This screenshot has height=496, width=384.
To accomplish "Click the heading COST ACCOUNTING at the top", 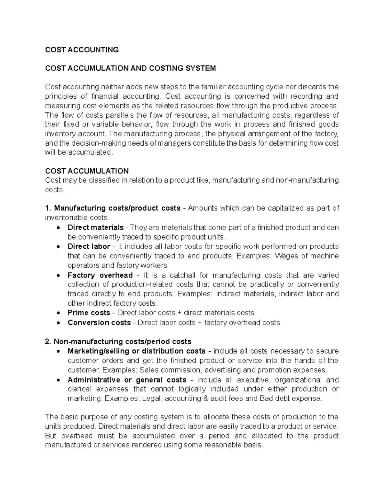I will click(x=82, y=50).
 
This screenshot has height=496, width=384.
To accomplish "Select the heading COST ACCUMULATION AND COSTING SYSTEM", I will click(x=130, y=68).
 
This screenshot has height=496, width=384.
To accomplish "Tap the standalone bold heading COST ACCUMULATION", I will click(x=87, y=171).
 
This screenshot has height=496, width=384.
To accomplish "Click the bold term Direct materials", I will click(x=95, y=227).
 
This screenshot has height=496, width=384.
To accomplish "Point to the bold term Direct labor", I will click(x=89, y=247).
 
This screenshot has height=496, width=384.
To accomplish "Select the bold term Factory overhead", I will click(x=100, y=275).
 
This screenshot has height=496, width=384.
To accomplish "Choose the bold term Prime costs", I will click(x=89, y=313).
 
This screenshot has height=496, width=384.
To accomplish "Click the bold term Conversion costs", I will click(x=99, y=323).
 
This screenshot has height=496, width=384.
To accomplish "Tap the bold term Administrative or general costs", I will click(x=127, y=380).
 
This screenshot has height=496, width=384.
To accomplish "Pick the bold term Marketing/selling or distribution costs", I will click(x=136, y=351).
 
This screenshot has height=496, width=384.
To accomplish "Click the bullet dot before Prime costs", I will click(x=58, y=313).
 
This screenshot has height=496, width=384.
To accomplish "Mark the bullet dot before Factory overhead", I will click(x=58, y=275).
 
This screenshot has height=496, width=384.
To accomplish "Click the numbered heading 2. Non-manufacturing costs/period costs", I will click(x=118, y=341).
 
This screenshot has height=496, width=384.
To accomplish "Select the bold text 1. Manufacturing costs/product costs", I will click(x=113, y=208).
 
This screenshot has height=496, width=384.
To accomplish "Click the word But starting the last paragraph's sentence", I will click(x=51, y=436).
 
